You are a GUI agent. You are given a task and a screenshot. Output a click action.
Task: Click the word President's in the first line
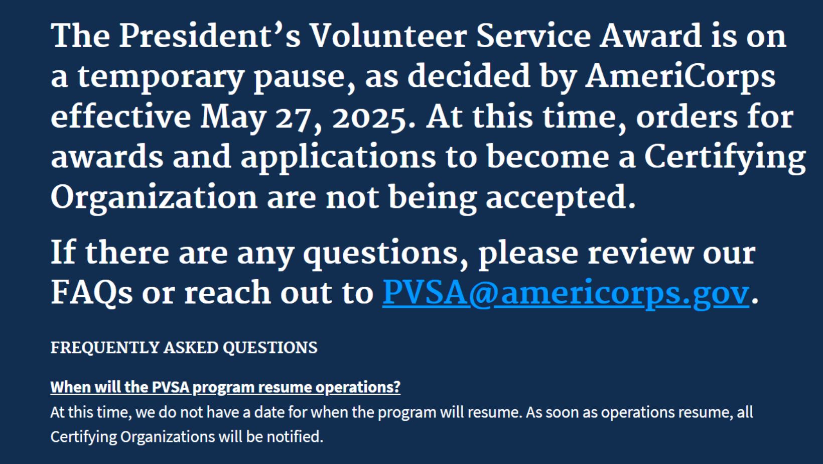coord(210,36)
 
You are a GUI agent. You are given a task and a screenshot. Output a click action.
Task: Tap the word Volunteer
coord(388,36)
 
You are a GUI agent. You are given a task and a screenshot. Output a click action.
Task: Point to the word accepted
coord(561,198)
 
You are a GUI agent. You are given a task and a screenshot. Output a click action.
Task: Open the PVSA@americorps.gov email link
coord(566,293)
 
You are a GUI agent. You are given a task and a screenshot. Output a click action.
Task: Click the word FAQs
coord(91,293)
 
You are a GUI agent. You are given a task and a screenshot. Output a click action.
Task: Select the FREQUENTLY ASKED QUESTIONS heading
coord(184,348)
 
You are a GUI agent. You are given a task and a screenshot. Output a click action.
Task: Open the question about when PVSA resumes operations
coord(225,388)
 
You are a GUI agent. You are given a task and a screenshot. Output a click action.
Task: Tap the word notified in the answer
coord(295,437)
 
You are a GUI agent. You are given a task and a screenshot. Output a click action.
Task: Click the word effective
coord(121,117)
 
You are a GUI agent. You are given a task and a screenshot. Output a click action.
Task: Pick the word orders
coord(687,117)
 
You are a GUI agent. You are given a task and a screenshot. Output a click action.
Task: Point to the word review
coord(640,253)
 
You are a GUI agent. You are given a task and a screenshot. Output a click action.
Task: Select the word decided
coord(469,76)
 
